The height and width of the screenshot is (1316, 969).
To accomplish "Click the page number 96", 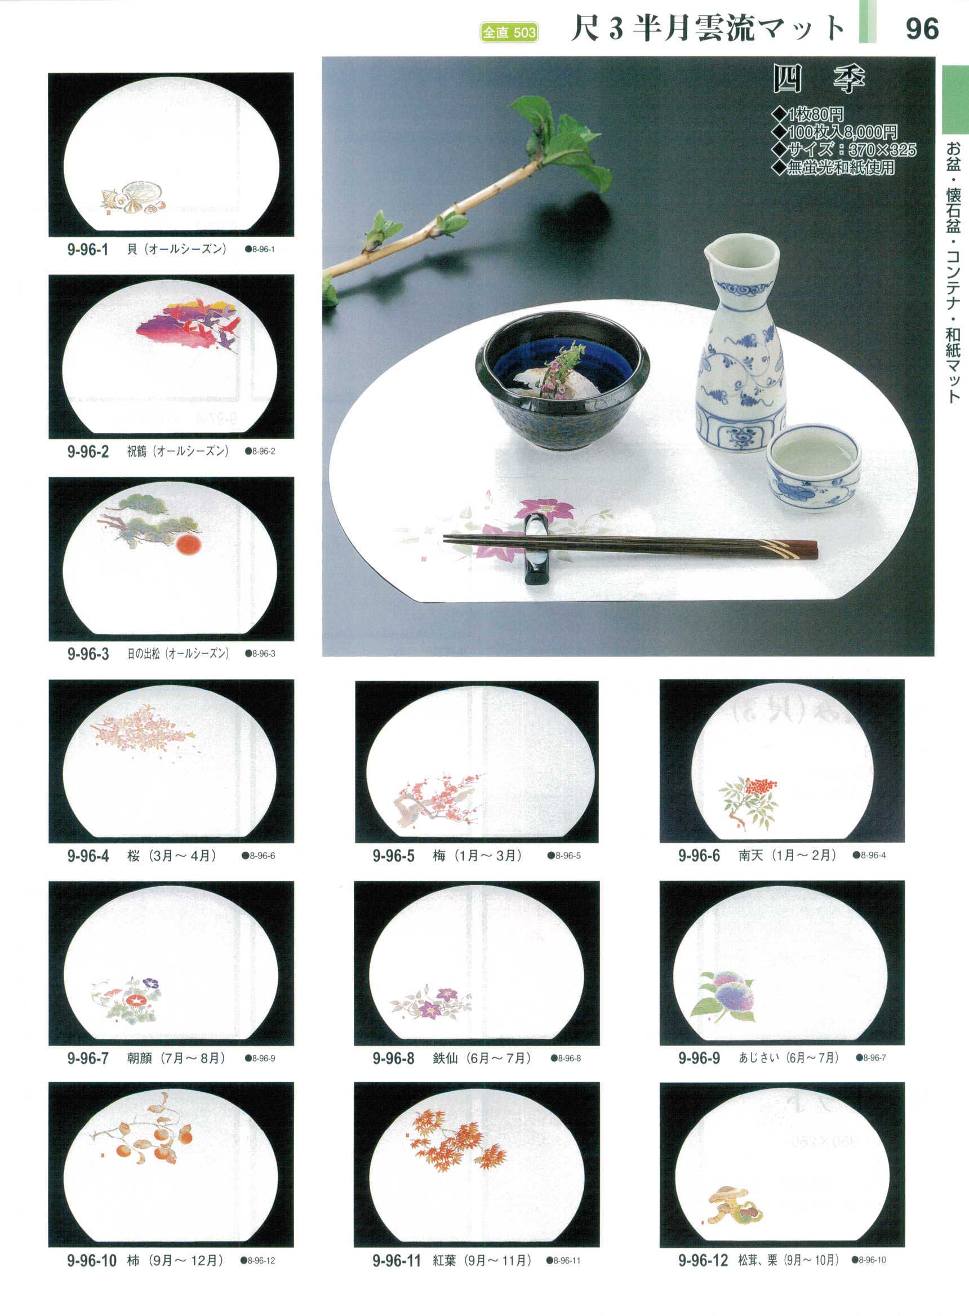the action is click(x=922, y=28).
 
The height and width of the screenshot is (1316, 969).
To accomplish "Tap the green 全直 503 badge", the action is click(x=509, y=32).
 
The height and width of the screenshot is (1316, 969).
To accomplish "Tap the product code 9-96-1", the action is click(x=88, y=249).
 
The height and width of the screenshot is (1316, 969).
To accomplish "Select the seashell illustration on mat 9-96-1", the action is click(x=132, y=194).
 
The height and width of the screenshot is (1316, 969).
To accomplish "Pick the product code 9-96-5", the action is click(x=394, y=856).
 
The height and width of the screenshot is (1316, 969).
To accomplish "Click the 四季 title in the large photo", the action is click(x=819, y=79).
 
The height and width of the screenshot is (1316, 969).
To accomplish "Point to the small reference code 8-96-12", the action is click(x=258, y=1260).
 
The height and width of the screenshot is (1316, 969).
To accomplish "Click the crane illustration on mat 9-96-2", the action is click(x=188, y=326).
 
